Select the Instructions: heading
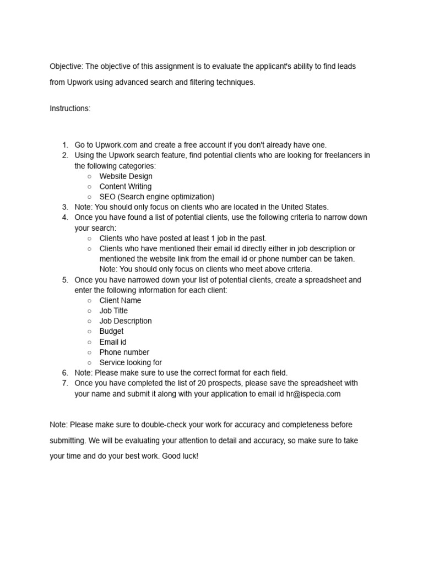click(70, 109)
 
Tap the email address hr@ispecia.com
click(313, 394)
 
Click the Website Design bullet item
click(126, 176)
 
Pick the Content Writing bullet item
click(125, 187)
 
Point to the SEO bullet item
click(156, 197)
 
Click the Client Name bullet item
click(120, 301)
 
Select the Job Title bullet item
click(113, 311)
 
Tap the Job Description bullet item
click(126, 321)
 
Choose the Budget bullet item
click(111, 332)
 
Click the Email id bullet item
click(113, 342)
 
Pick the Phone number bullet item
click(124, 352)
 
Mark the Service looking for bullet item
click(131, 362)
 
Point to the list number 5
click(65, 280)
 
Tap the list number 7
click(65, 383)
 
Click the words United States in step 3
click(304, 207)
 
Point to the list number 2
click(65, 155)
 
